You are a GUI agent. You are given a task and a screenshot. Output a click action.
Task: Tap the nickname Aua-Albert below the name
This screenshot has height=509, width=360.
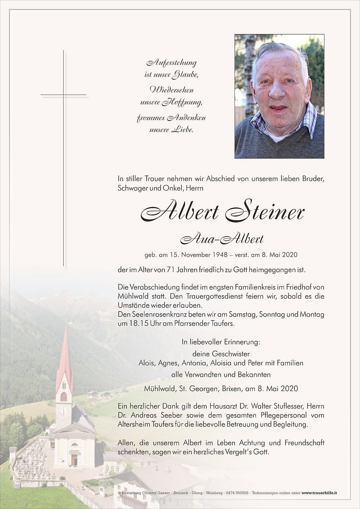click(x=222, y=239)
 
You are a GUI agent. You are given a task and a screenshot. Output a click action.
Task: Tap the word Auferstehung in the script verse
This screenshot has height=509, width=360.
click(x=171, y=63)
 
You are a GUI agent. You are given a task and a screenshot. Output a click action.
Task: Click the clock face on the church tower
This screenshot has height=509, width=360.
click(x=63, y=411)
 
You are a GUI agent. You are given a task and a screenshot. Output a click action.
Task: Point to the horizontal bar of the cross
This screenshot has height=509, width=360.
click(x=64, y=95)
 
